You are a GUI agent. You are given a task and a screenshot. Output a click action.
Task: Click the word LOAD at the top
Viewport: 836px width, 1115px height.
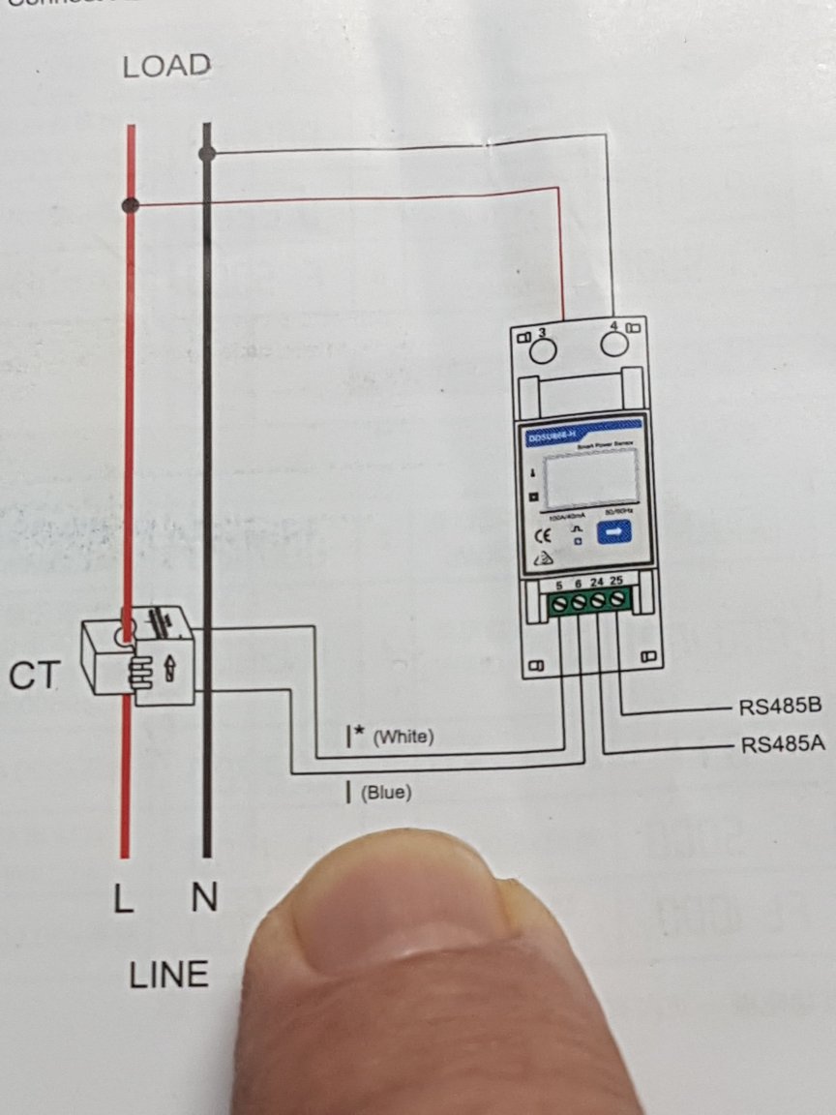tap(166, 67)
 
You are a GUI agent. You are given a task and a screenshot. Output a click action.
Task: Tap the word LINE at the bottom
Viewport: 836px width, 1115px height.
tap(168, 974)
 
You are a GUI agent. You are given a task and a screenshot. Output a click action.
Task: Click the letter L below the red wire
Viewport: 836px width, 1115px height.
tap(122, 900)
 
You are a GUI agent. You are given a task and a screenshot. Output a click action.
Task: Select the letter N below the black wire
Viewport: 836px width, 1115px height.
tap(204, 900)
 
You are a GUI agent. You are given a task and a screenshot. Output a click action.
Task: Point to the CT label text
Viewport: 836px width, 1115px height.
tap(34, 677)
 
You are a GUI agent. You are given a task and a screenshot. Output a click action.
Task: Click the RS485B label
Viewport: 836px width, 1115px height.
tap(780, 706)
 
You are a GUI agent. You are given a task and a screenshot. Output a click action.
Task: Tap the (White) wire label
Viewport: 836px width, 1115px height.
tap(403, 738)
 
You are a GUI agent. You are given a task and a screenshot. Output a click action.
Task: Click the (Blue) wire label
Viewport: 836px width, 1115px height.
tap(386, 794)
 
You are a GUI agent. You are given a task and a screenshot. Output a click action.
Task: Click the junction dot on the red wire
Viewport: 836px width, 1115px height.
tap(131, 205)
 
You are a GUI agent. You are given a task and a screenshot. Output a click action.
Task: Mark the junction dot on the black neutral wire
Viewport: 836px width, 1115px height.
tap(206, 153)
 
